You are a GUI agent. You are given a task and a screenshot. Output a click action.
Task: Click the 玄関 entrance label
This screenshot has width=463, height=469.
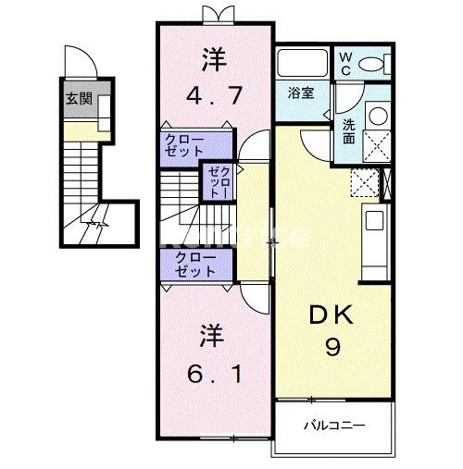[77, 99]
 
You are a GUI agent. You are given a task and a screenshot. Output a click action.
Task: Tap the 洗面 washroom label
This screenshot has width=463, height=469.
[348, 130]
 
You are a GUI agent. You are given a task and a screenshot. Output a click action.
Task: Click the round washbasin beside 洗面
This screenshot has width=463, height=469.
[378, 116]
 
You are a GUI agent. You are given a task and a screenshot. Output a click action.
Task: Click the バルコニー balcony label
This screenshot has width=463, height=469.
[333, 426]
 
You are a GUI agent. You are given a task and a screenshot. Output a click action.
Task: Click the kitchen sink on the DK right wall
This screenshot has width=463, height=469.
[374, 221]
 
